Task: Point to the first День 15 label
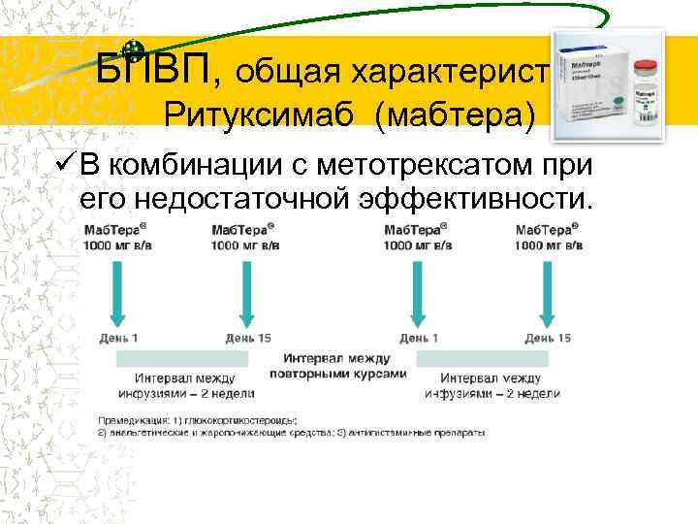[x=249, y=338]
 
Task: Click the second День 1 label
[x=419, y=338]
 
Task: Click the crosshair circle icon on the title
[x=135, y=52]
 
